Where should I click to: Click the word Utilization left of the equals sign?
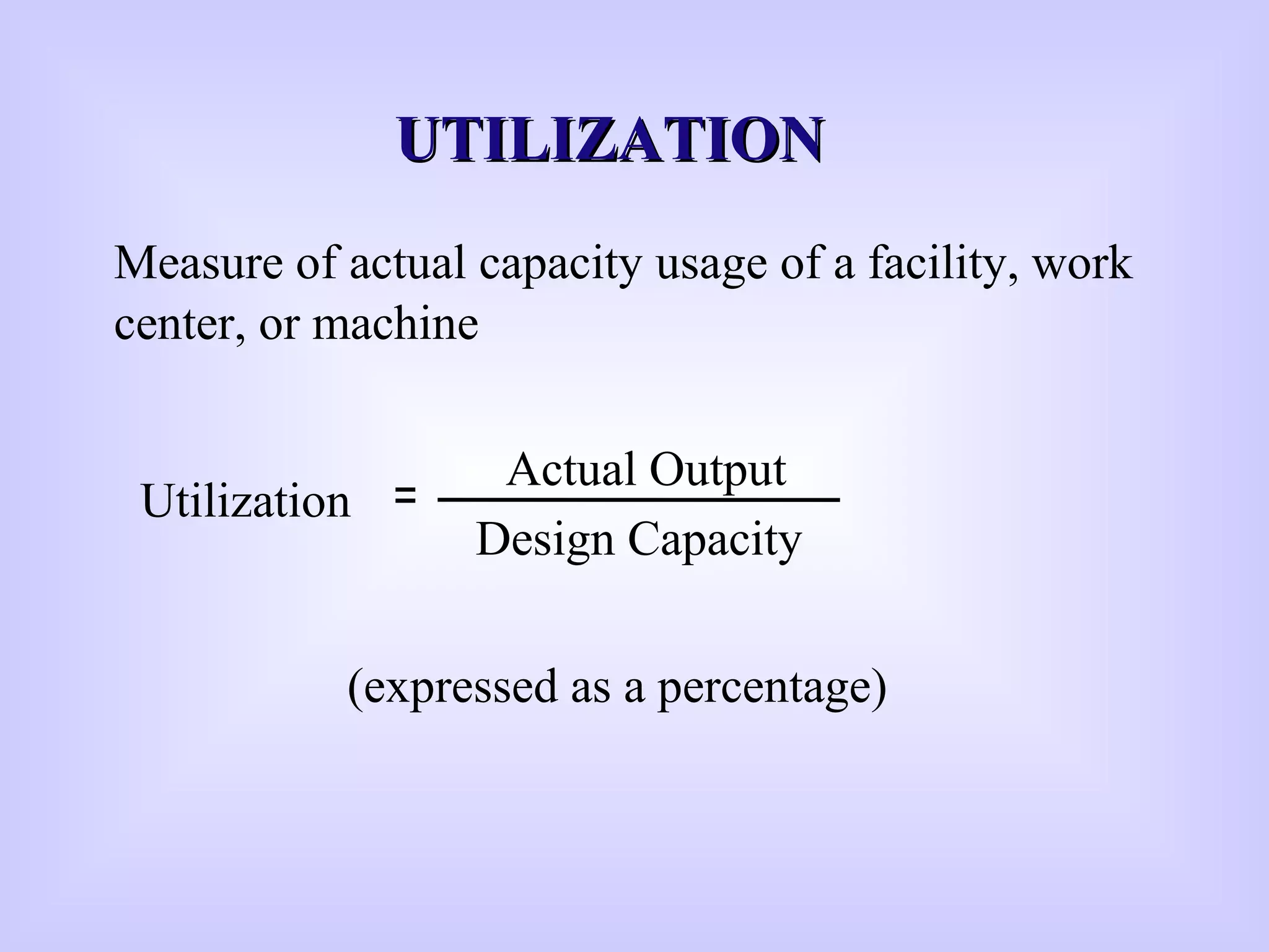pos(246,501)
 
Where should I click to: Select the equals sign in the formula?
pos(405,496)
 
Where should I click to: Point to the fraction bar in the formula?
pos(638,500)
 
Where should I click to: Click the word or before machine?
pos(279,325)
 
